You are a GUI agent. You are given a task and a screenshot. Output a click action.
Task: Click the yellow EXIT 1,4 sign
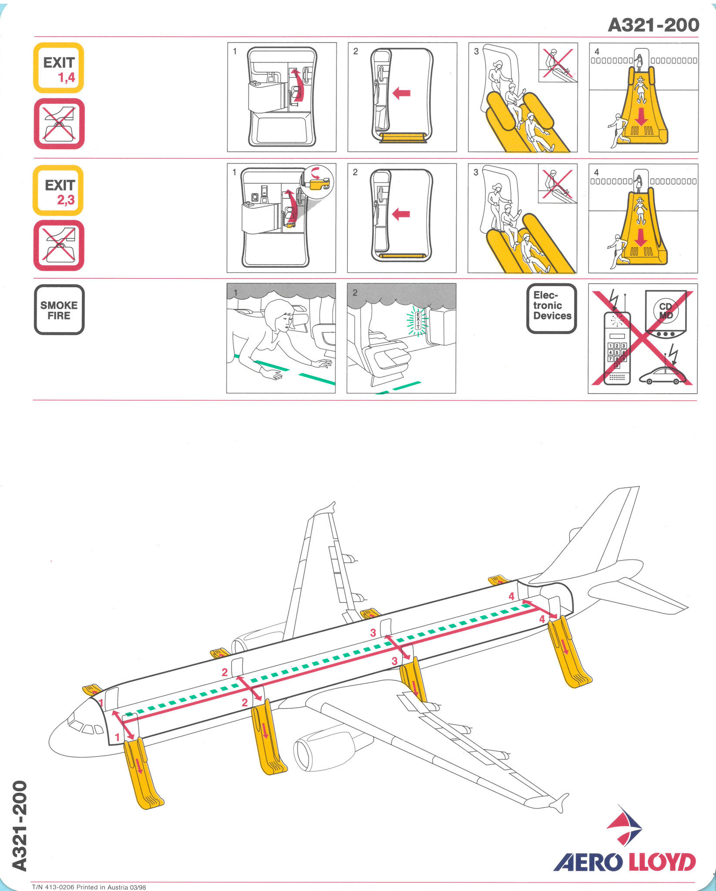pos(59,68)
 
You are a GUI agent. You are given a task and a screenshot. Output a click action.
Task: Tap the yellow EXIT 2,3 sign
pos(58,190)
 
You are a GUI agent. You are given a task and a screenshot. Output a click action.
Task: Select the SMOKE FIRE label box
pos(59,310)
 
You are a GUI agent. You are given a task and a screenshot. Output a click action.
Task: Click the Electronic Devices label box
pos(552,309)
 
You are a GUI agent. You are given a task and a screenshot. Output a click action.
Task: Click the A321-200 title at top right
pos(653,25)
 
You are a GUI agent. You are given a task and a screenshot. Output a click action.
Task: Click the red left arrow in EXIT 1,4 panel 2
pos(401,93)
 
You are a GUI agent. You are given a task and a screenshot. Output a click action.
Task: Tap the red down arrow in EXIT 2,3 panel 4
pos(640,238)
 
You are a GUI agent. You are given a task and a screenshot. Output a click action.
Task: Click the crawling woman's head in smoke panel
pos(280,317)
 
